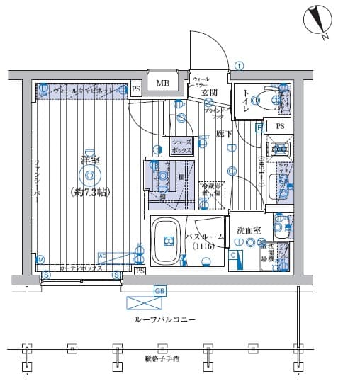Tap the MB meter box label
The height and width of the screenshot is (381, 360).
click(163, 84)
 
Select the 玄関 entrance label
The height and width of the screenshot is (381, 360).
click(208, 93)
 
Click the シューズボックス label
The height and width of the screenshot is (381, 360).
click(181, 147)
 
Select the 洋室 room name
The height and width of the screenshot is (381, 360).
click(89, 159)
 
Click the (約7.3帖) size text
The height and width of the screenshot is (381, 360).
click(89, 191)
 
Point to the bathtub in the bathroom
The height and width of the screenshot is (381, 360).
click(169, 241)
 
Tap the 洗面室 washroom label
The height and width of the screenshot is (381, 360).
click(249, 229)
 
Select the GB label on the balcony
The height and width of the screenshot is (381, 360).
click(159, 290)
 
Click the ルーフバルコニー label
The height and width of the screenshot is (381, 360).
click(164, 321)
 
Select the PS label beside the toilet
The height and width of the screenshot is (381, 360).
click(281, 126)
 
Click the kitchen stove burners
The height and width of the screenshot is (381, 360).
click(277, 149)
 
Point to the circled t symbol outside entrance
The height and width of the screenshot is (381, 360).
click(240, 67)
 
